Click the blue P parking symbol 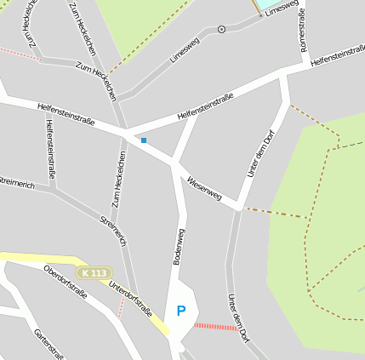180,311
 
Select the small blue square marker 144,140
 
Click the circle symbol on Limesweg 222,29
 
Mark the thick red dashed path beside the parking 216,326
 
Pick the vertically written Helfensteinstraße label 51,148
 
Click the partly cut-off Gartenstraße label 49,344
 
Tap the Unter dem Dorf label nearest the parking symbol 238,318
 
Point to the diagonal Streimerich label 113,231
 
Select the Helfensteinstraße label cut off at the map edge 338,55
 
